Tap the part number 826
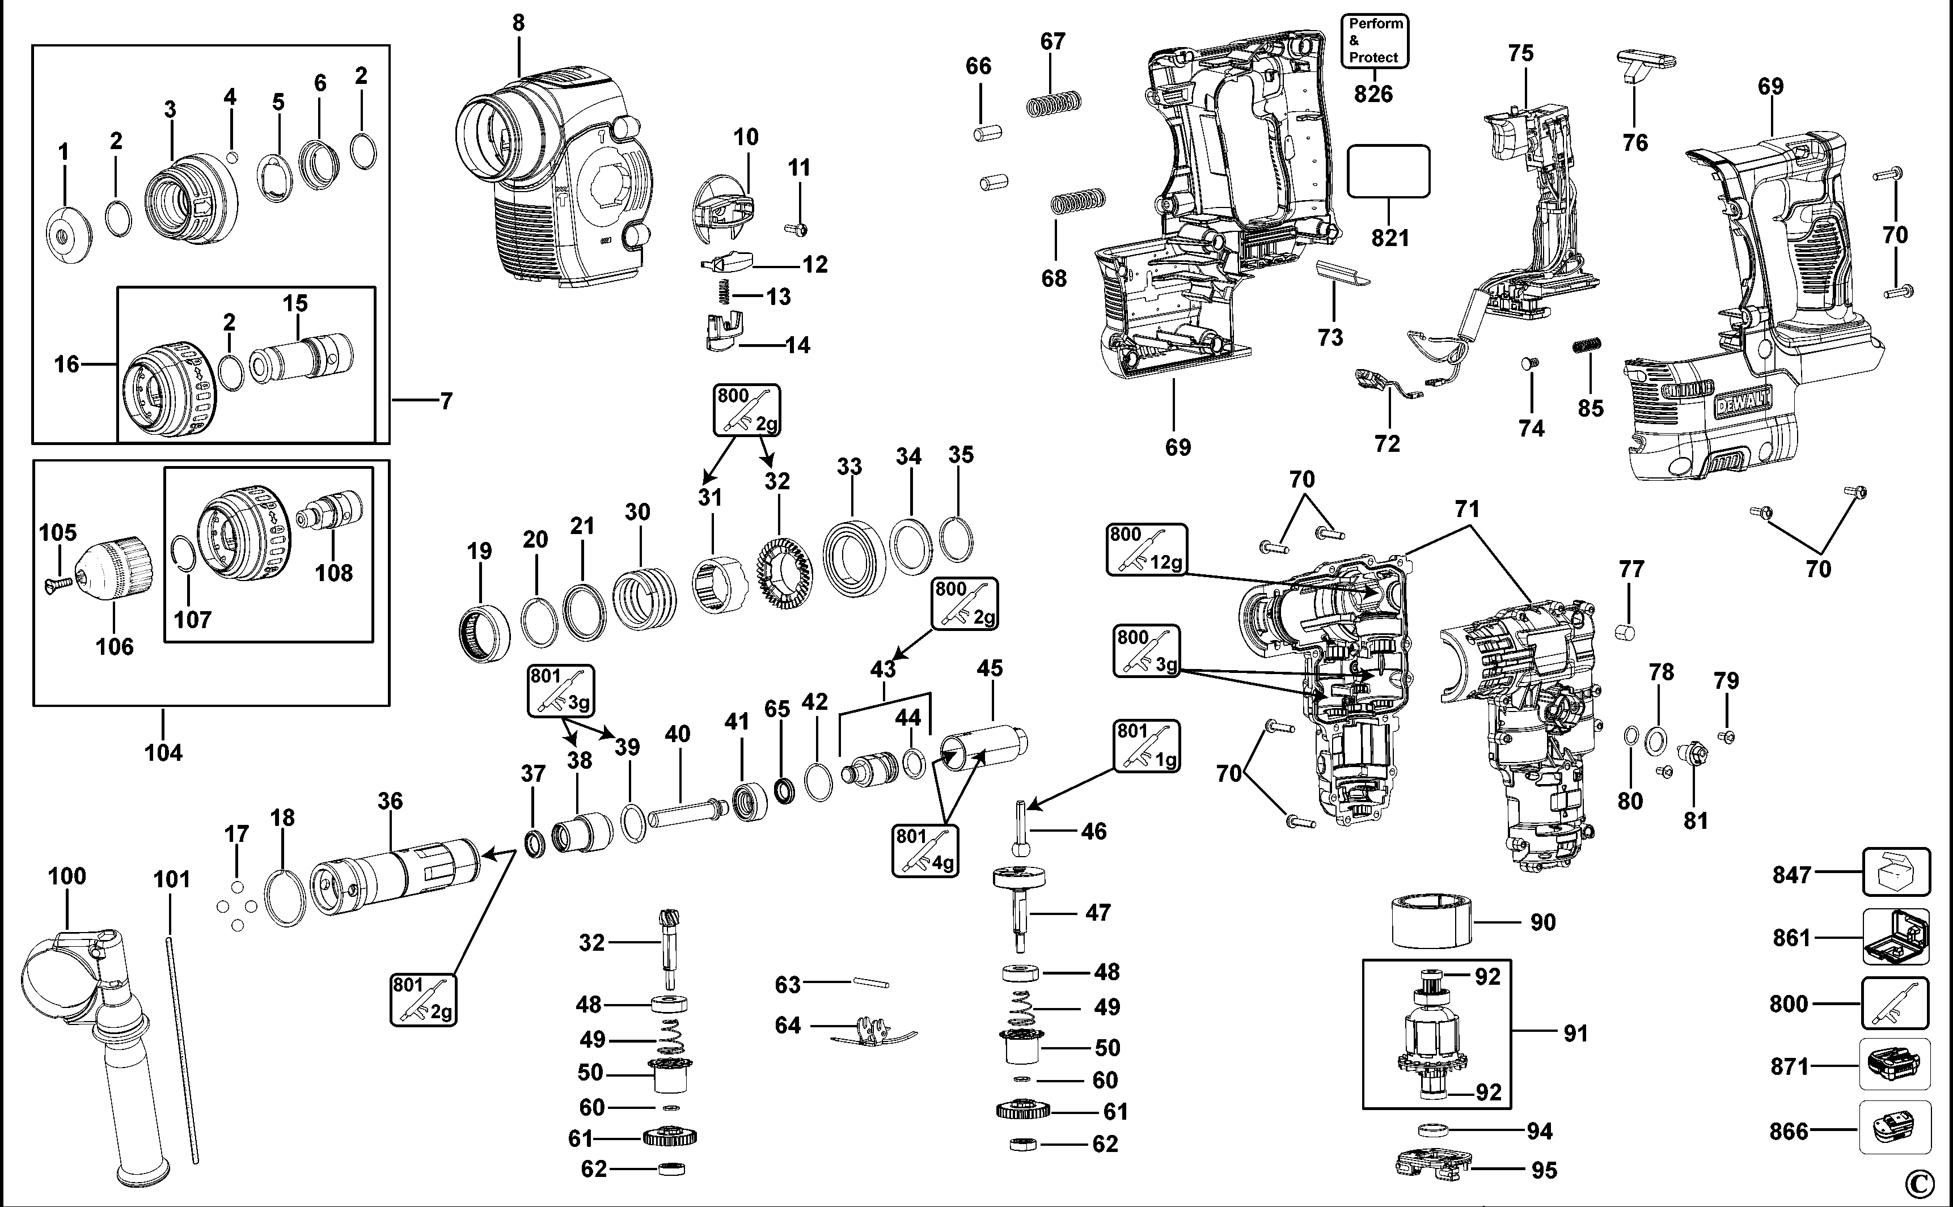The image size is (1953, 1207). [x=1373, y=94]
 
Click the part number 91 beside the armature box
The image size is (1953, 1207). [x=1575, y=1034]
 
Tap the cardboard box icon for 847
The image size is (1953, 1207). [x=1896, y=873]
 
